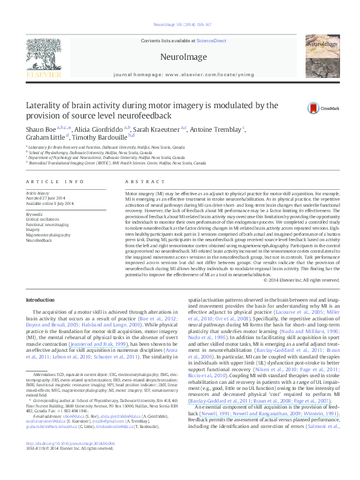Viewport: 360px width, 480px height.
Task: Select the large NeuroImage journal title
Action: click(180, 57)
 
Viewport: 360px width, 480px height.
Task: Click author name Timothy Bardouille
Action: click(91, 137)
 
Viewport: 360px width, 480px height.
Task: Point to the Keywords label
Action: click(35, 214)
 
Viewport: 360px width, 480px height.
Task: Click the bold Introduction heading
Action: click(41, 300)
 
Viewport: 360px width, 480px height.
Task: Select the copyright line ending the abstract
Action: click(299, 279)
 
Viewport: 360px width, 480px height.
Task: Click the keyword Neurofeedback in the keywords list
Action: click(40, 239)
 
